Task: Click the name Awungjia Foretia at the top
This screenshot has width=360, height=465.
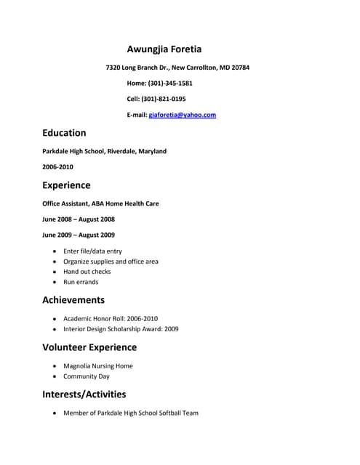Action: tap(164, 49)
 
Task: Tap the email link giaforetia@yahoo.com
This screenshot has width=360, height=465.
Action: tap(182, 115)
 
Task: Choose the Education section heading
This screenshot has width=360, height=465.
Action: tap(64, 133)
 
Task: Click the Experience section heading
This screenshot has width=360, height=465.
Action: tap(66, 185)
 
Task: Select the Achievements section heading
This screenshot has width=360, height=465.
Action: tap(73, 300)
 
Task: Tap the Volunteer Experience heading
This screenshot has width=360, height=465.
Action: tap(89, 347)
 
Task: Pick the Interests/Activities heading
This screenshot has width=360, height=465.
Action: tap(84, 395)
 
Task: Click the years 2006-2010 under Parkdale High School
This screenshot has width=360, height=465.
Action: tap(57, 166)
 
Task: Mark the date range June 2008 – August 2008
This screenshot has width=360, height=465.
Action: tap(79, 219)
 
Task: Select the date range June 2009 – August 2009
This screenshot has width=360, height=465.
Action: tap(79, 235)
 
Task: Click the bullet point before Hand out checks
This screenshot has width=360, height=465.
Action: tap(55, 272)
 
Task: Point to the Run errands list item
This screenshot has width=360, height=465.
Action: tap(81, 282)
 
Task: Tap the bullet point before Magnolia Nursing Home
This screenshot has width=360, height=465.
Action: tap(55, 366)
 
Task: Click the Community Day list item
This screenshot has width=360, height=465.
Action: tap(86, 377)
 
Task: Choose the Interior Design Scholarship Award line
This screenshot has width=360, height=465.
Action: tap(121, 329)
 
